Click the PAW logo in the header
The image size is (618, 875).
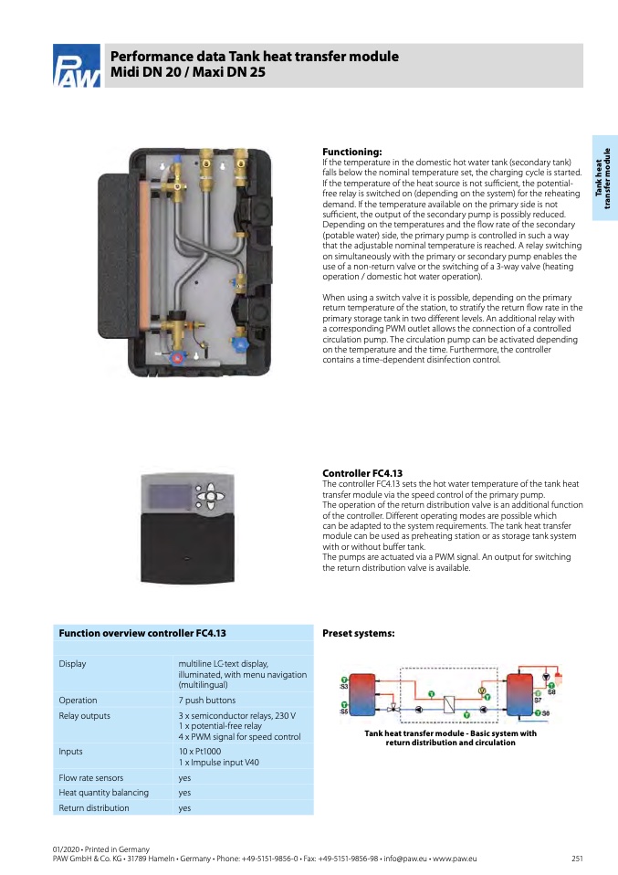tap(77, 69)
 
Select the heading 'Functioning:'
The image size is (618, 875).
tap(352, 152)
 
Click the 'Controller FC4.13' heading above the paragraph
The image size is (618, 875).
tap(362, 473)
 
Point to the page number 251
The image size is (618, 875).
tap(577, 859)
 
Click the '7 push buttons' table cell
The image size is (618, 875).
tap(205, 701)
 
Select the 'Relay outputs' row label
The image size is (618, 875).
tap(85, 715)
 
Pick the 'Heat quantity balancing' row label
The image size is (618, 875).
tap(103, 793)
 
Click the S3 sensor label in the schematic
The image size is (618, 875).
tap(344, 686)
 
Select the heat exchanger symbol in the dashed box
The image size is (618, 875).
tap(449, 704)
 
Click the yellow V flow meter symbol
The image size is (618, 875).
tap(482, 691)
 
